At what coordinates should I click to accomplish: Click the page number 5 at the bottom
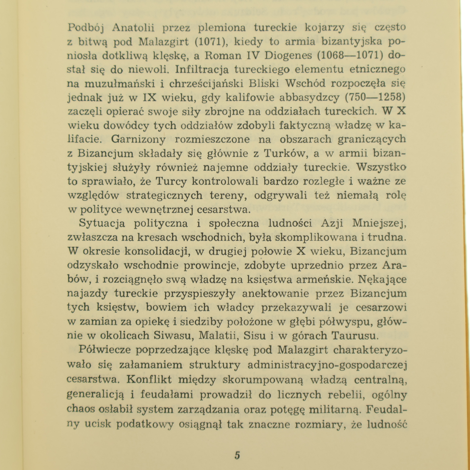[x=237, y=455]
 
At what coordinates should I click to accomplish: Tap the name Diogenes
[x=283, y=56]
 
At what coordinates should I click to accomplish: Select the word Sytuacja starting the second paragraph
[x=102, y=223]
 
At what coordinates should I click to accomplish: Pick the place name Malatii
[x=221, y=335]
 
